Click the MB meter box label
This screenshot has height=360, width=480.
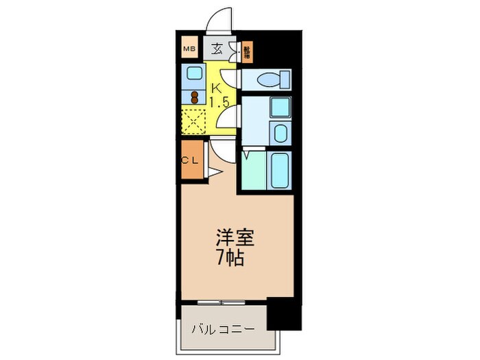tap(189, 49)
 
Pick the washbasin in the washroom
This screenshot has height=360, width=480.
tap(280, 132)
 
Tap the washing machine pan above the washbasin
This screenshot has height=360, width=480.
tap(279, 108)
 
